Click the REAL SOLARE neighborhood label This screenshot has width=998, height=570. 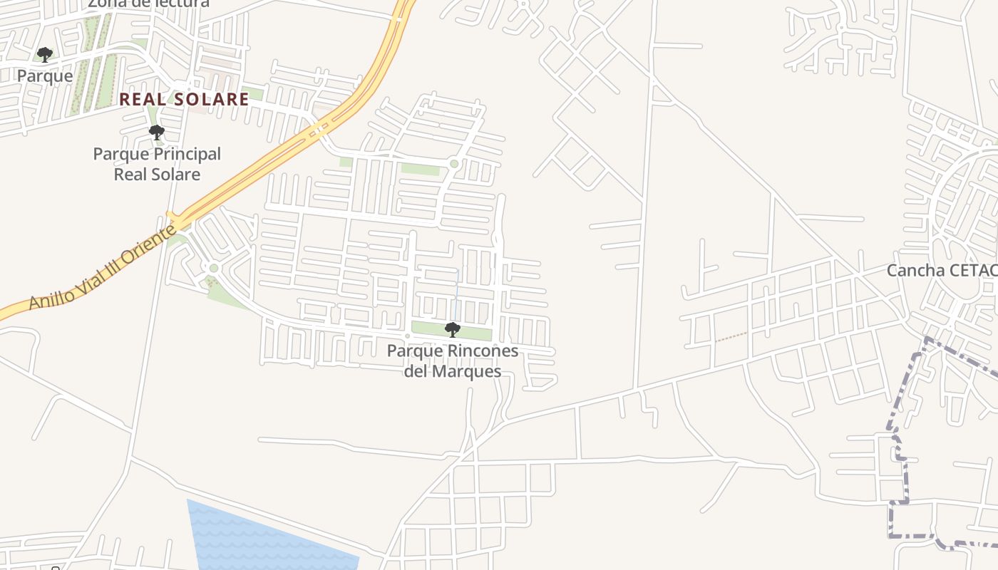click(x=184, y=99)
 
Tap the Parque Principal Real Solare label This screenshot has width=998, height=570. click(x=157, y=164)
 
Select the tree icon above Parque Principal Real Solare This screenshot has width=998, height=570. click(x=156, y=132)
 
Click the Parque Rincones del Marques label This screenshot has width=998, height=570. click(x=453, y=361)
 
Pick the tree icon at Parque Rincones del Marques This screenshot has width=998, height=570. click(x=452, y=329)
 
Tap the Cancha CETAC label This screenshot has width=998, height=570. click(x=941, y=271)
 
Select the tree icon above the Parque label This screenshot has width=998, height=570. click(x=45, y=55)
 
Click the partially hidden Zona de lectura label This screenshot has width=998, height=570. click(x=148, y=4)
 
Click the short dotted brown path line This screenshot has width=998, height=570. click(x=731, y=336)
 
